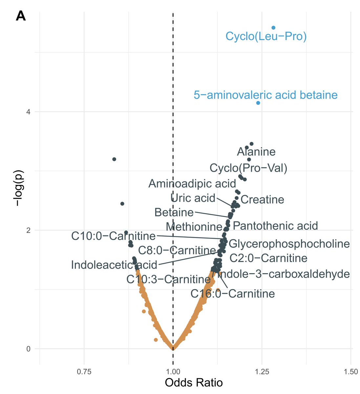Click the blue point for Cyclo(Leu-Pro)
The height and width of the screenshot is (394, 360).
pyautogui.click(x=273, y=28)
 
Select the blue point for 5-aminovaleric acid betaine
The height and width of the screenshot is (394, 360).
pyautogui.click(x=258, y=103)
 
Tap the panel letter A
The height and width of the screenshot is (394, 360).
pyautogui.click(x=21, y=16)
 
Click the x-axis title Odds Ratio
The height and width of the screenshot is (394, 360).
pyautogui.click(x=194, y=383)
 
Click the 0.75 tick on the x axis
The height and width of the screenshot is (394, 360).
pyautogui.click(x=84, y=372)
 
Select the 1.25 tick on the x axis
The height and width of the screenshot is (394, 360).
pyautogui.click(x=262, y=372)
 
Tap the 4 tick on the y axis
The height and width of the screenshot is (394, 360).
pyautogui.click(x=28, y=112)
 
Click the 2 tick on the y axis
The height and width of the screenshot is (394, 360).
pyautogui.click(x=28, y=230)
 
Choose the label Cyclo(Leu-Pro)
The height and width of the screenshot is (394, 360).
pyautogui.click(x=266, y=36)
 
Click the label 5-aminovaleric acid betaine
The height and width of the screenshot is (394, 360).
pyautogui.click(x=265, y=95)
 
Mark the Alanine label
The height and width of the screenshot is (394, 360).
pyautogui.click(x=256, y=152)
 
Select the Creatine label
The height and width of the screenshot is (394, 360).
pyautogui.click(x=262, y=200)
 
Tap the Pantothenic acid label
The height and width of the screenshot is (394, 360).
pyautogui.click(x=275, y=226)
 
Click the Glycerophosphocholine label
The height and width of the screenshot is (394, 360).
pyautogui.click(x=289, y=244)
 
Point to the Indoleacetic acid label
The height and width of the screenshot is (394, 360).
pyautogui.click(x=114, y=265)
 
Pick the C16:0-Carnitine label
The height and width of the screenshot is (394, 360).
pyautogui.click(x=233, y=294)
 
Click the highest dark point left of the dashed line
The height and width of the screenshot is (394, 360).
pyautogui.click(x=114, y=159)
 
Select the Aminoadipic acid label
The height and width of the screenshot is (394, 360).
pyautogui.click(x=192, y=184)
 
